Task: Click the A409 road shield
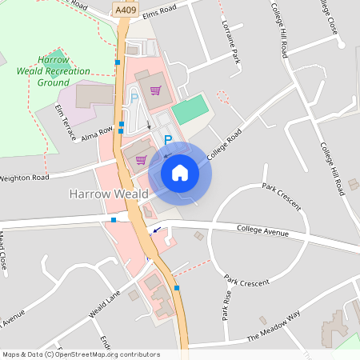124,10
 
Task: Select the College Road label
223,145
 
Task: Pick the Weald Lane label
104,305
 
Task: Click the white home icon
180,172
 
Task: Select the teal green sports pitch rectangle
190,110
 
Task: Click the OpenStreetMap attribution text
80,354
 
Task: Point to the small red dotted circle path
223,98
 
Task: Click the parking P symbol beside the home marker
167,140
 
